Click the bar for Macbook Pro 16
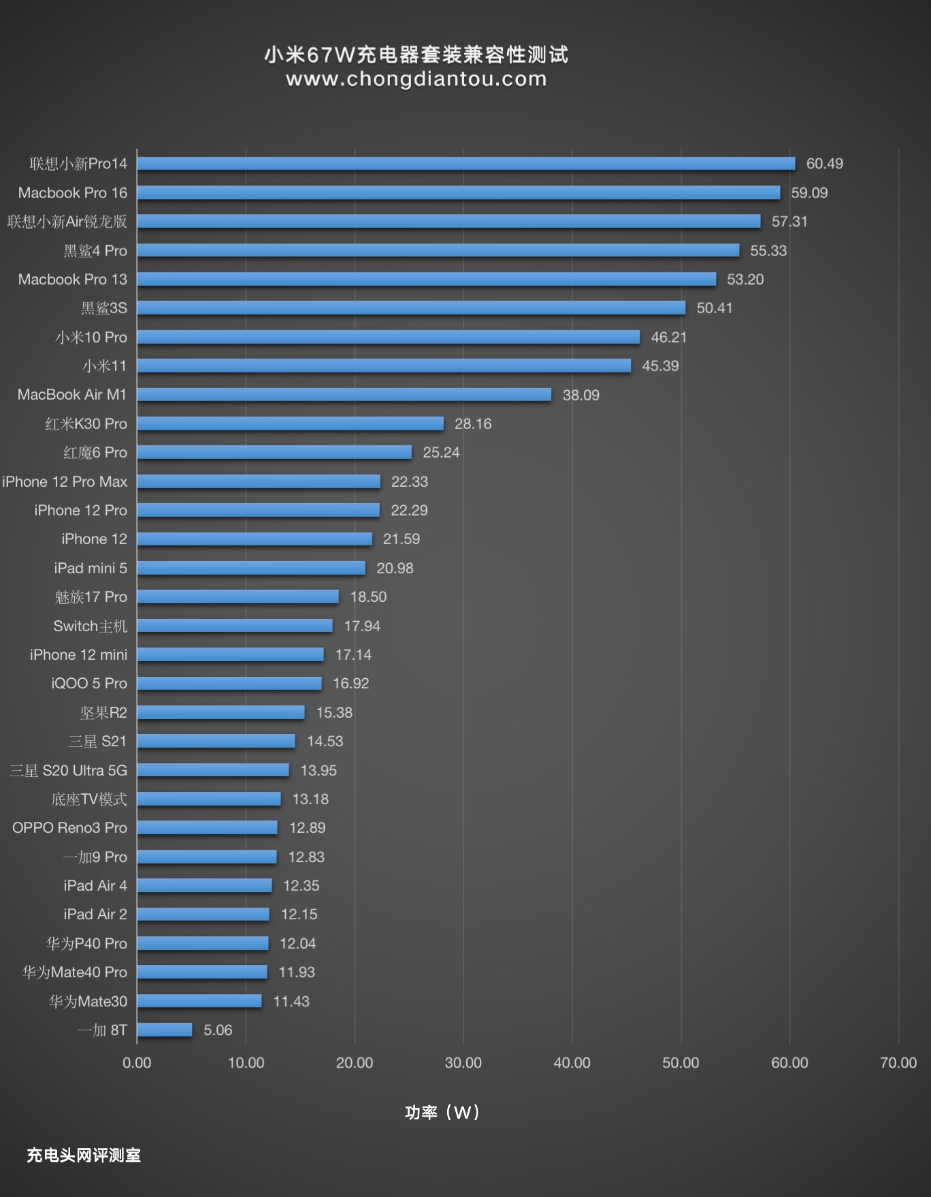458,193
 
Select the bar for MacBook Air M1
344,395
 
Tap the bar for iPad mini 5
250,568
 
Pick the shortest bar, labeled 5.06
164,1030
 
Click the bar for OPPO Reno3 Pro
207,828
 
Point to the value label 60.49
824,163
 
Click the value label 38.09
581,395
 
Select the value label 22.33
409,481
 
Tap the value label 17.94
361,626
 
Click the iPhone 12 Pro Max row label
65,481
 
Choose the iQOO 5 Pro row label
89,683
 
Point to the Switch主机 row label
90,626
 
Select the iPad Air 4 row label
95,885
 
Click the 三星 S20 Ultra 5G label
68,770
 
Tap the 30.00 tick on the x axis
463,1062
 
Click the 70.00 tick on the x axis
898,1062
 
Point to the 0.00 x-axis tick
137,1062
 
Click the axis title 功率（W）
442,1113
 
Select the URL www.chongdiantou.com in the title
416,79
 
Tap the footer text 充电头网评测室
84,1155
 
